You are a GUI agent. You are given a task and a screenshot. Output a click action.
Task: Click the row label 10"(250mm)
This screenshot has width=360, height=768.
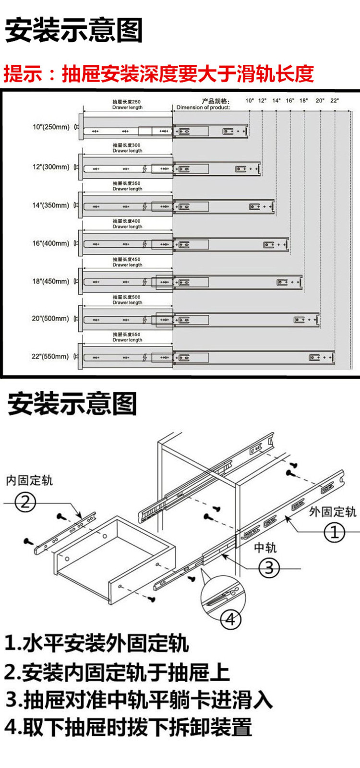[x=51, y=127]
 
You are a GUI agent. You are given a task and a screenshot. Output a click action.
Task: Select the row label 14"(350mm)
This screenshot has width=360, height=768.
[x=51, y=205]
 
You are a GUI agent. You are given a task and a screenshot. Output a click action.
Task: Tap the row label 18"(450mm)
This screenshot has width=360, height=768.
[x=51, y=281]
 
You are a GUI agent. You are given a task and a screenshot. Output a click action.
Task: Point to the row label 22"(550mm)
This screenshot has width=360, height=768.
[x=51, y=357]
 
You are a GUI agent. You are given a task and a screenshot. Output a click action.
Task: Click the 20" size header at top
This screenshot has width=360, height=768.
[x=320, y=101]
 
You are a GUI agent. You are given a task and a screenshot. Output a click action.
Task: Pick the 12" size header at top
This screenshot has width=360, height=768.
[x=262, y=101]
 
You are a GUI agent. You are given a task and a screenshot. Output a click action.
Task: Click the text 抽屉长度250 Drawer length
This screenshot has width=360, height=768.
[x=127, y=105]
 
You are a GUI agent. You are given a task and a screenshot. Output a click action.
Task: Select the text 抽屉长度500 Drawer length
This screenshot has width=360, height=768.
[x=127, y=300]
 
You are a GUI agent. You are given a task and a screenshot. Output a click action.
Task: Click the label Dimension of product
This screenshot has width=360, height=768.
[x=203, y=108]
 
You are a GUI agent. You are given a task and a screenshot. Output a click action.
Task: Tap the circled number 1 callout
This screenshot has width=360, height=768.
[x=335, y=532]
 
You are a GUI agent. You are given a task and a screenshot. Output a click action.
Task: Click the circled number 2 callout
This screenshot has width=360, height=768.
[x=25, y=502]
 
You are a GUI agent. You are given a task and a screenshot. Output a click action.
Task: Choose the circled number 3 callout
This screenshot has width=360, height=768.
[x=269, y=568]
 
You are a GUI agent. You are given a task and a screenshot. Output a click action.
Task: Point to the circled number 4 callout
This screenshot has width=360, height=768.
[x=230, y=619]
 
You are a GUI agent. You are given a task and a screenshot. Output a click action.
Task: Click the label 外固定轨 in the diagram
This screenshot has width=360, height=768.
[x=332, y=512]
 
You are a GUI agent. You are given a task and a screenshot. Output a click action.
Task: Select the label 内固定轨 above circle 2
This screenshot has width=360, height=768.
[x=29, y=480]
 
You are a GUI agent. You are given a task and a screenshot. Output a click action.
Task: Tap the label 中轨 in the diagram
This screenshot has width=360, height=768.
[x=265, y=548]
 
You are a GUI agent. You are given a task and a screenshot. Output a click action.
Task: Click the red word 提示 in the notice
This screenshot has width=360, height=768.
[x=23, y=74]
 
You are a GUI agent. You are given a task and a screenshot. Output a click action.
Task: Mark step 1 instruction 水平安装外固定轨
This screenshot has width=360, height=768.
[x=96, y=643]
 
